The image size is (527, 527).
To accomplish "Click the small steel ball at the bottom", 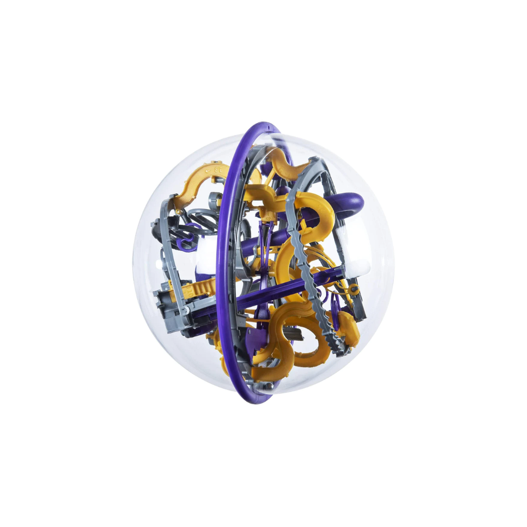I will [269, 386].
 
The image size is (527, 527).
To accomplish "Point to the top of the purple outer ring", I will [263, 126].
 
